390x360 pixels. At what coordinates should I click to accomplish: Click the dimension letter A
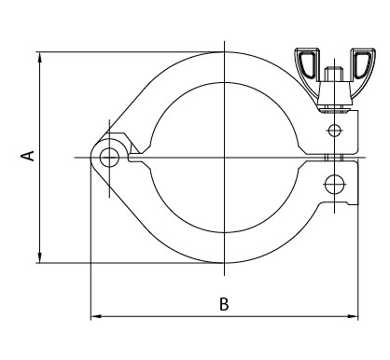30,155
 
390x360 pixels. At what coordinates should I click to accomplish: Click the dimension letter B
223,304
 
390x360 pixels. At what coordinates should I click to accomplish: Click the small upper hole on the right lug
335,129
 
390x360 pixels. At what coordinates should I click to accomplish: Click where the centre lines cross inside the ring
225,157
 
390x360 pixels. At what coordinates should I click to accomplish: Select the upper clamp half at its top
225,62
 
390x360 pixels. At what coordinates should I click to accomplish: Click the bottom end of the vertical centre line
225,276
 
